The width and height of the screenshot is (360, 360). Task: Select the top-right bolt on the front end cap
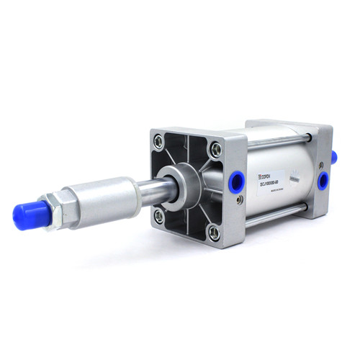click(215, 150)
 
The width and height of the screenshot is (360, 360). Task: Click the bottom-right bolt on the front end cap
click(213, 233)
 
